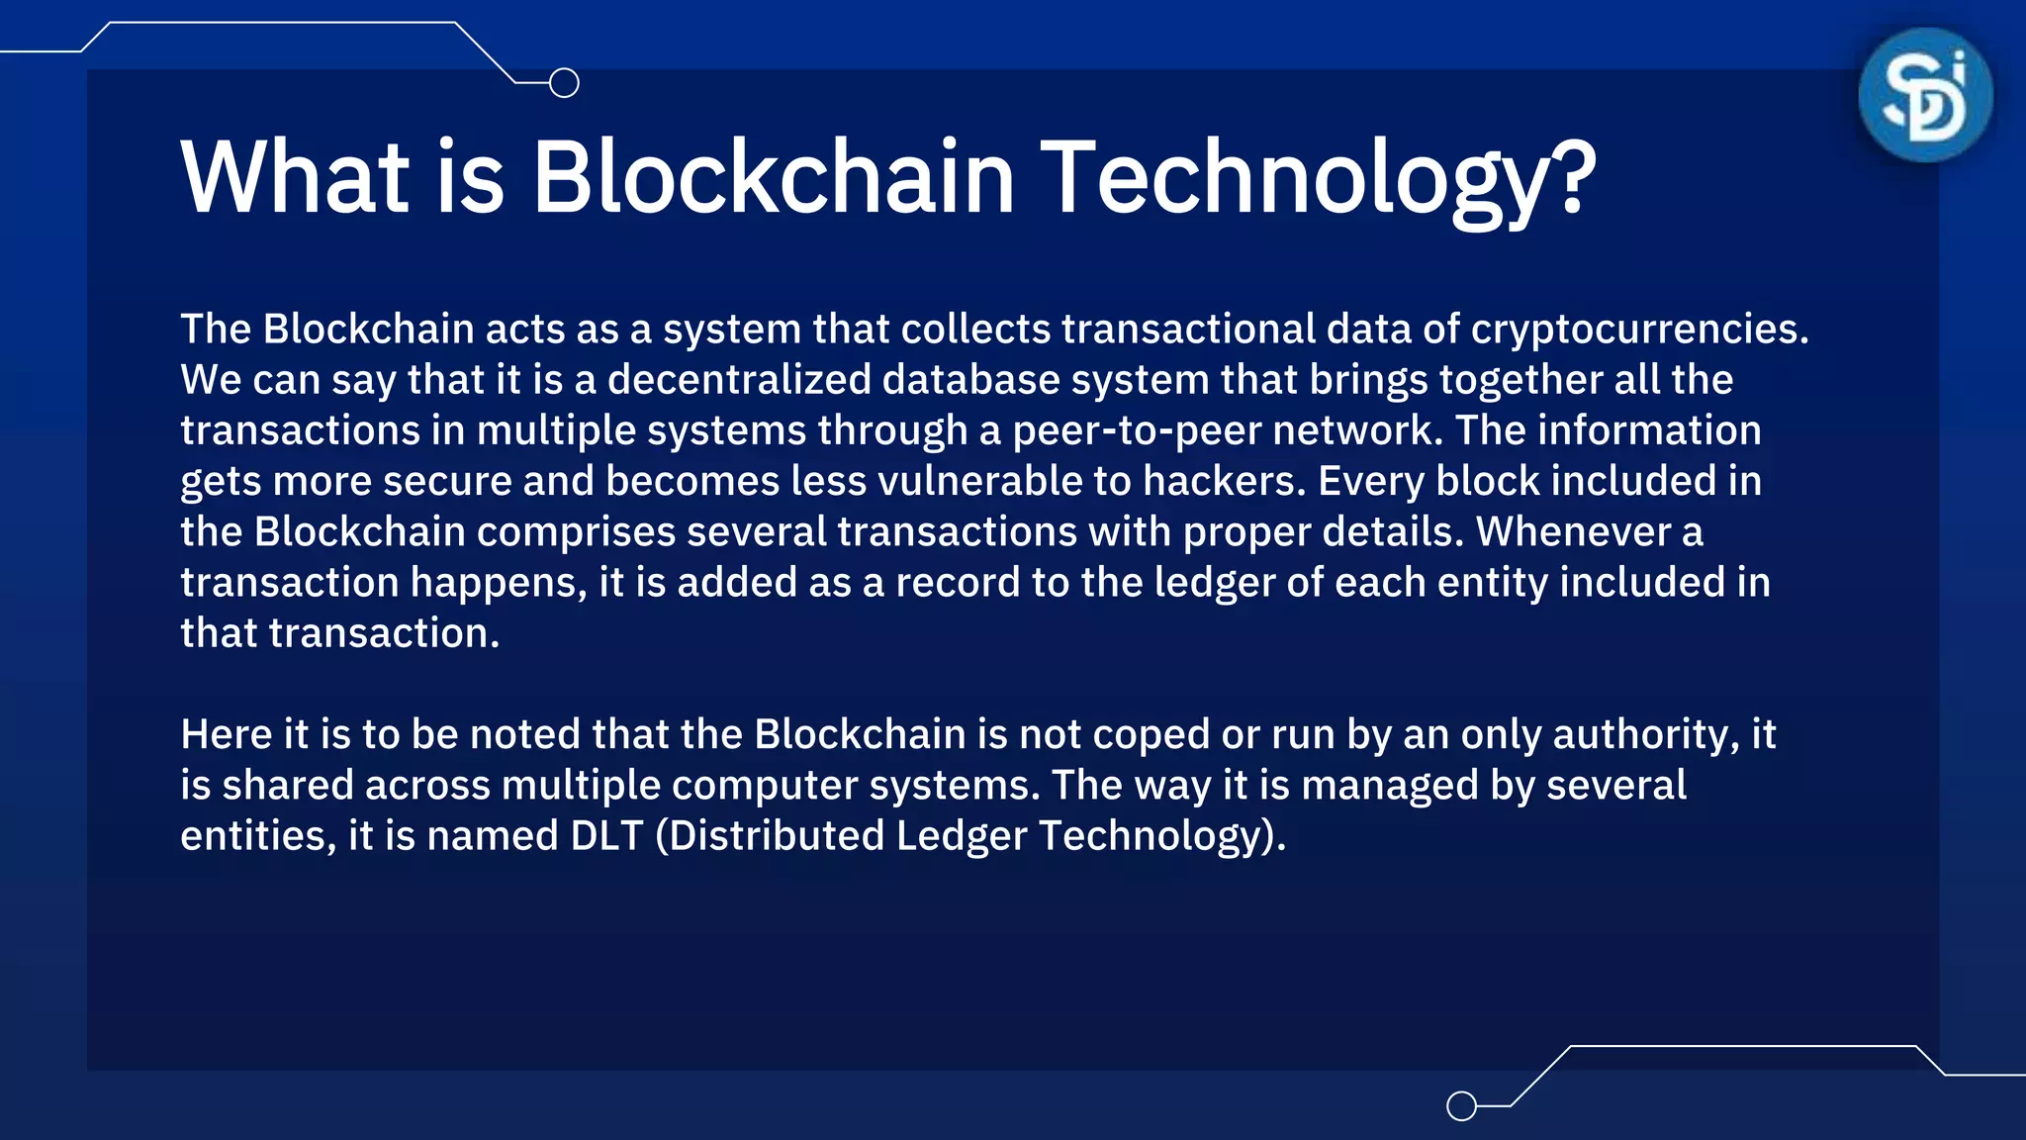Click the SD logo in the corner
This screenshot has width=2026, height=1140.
(x=1925, y=95)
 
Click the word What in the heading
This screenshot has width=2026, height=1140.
(x=295, y=178)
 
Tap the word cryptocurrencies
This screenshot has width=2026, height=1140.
(x=1638, y=330)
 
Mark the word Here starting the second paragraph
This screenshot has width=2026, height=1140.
(x=227, y=735)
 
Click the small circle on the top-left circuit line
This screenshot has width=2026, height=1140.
(x=564, y=83)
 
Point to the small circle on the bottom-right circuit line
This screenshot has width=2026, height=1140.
(x=1461, y=1105)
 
